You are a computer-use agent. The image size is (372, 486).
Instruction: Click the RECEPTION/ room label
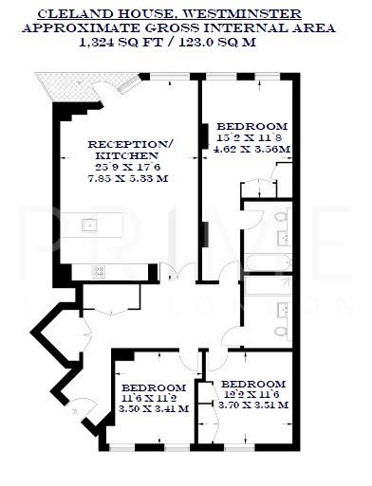click(x=131, y=143)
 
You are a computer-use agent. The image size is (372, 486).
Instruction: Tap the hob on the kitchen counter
click(x=100, y=271)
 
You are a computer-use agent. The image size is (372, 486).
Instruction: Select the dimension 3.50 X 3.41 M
click(x=155, y=409)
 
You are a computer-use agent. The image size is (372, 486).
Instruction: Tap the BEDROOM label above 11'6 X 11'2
click(x=155, y=387)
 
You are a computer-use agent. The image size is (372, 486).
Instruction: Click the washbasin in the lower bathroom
click(x=283, y=308)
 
